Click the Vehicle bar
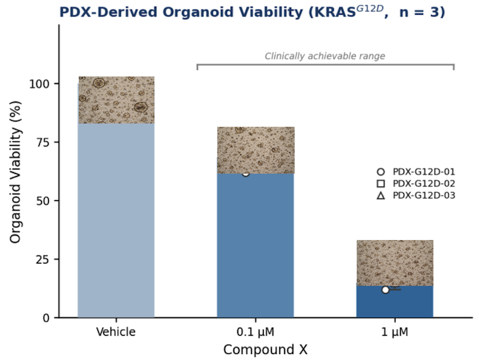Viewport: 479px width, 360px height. (x=116, y=219)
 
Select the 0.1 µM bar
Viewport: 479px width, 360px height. (x=256, y=244)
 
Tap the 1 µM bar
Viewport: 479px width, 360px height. (x=395, y=302)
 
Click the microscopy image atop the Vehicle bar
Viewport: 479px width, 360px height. (x=116, y=100)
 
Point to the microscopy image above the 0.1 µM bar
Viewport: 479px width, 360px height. (x=256, y=150)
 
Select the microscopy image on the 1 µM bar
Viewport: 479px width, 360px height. (x=395, y=263)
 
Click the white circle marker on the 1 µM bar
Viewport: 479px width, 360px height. (x=385, y=290)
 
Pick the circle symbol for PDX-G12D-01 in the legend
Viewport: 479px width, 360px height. (x=381, y=172)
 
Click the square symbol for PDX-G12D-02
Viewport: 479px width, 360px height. (x=381, y=183)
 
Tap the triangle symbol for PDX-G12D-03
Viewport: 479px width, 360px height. (x=381, y=195)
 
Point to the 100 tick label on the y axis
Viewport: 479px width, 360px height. (x=39, y=84)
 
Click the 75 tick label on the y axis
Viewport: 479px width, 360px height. (x=43, y=143)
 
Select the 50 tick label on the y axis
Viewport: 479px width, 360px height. (x=43, y=201)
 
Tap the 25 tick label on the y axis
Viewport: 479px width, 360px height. (x=43, y=260)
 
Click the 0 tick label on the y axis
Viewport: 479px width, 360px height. (x=46, y=318)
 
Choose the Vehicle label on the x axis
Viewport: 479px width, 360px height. (x=116, y=331)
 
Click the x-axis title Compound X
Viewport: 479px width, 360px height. (x=265, y=350)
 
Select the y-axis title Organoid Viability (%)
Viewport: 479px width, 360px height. (x=15, y=172)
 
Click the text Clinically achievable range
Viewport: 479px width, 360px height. (x=325, y=56)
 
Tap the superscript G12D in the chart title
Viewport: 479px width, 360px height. (x=370, y=8)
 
